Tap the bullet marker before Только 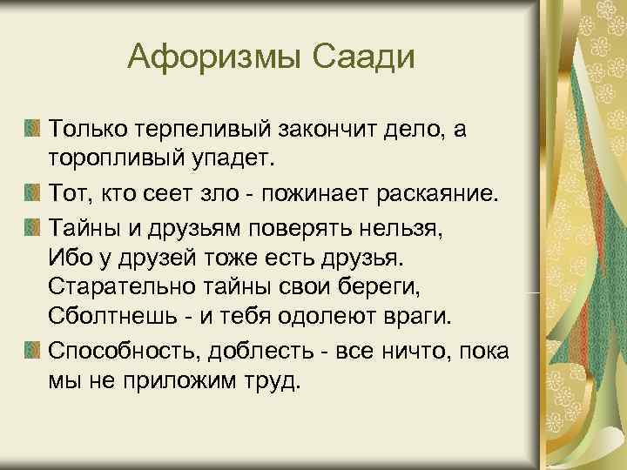(32, 130)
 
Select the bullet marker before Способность (32, 351)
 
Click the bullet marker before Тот (32, 191)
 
